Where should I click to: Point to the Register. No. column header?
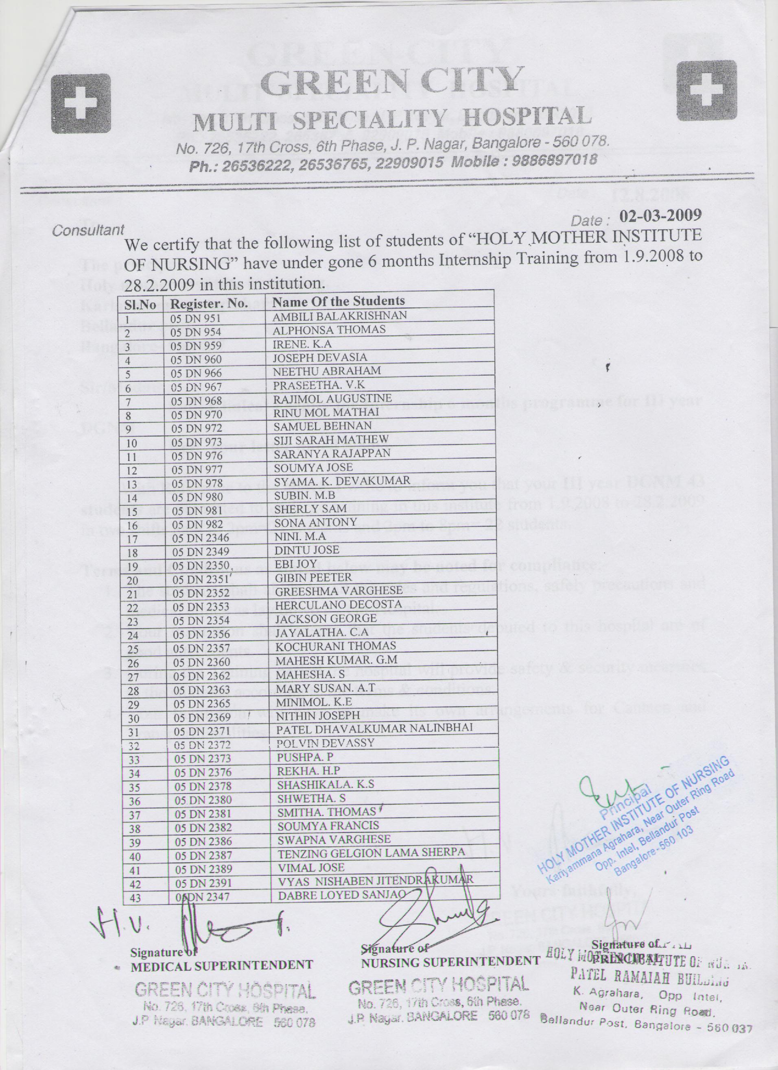[209, 304]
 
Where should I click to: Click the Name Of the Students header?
[339, 301]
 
